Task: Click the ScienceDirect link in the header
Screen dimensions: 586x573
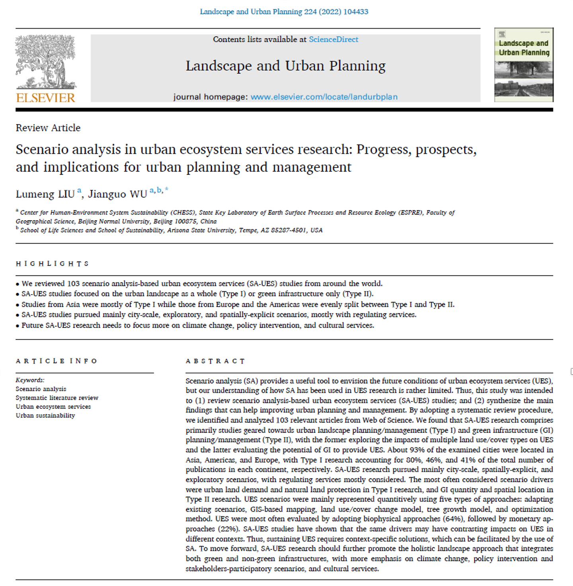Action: tap(333, 39)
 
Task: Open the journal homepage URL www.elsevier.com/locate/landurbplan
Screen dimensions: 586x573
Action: tap(324, 97)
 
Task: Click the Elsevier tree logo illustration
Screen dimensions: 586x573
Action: tap(45, 62)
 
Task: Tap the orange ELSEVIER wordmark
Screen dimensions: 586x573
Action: tap(45, 98)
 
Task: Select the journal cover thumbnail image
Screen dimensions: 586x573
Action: tap(524, 65)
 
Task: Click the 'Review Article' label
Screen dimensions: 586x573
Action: tap(48, 128)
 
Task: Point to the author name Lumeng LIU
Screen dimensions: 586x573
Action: tap(45, 194)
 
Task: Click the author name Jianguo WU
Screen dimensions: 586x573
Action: tap(117, 194)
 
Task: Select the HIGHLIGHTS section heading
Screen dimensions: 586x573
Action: tap(52, 264)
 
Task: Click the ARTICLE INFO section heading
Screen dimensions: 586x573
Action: tap(57, 361)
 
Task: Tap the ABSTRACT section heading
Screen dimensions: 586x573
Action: tap(215, 361)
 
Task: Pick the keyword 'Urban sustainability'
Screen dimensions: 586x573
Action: tap(45, 416)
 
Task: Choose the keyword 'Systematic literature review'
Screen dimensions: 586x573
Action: tap(57, 398)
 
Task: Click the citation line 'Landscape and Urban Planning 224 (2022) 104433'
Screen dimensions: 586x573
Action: tap(284, 12)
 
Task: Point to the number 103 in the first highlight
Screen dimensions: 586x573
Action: tap(73, 283)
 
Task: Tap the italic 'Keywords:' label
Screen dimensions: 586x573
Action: tap(30, 380)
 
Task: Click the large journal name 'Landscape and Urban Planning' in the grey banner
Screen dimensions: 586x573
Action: tap(285, 66)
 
